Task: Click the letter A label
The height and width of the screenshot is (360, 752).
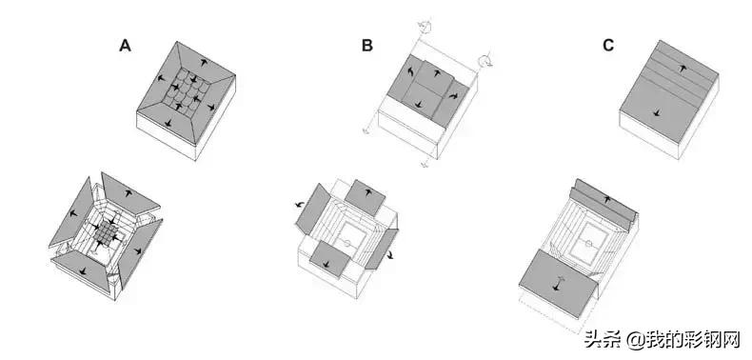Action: tap(125, 46)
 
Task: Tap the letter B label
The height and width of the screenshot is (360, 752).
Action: tap(366, 46)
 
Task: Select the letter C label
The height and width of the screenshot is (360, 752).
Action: tap(608, 46)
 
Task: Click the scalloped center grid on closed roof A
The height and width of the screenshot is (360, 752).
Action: tap(186, 90)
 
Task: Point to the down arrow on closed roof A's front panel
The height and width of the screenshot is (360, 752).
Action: tap(168, 123)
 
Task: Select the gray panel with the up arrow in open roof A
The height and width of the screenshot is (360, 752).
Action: tap(129, 193)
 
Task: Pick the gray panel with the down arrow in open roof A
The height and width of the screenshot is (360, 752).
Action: tap(83, 270)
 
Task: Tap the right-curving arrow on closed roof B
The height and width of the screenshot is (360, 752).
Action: tap(454, 96)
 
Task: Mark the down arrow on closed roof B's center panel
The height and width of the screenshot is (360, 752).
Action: tap(419, 104)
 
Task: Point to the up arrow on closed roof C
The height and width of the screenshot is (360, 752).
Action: tap(682, 69)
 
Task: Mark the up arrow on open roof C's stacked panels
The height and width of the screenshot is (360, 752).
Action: tap(608, 199)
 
